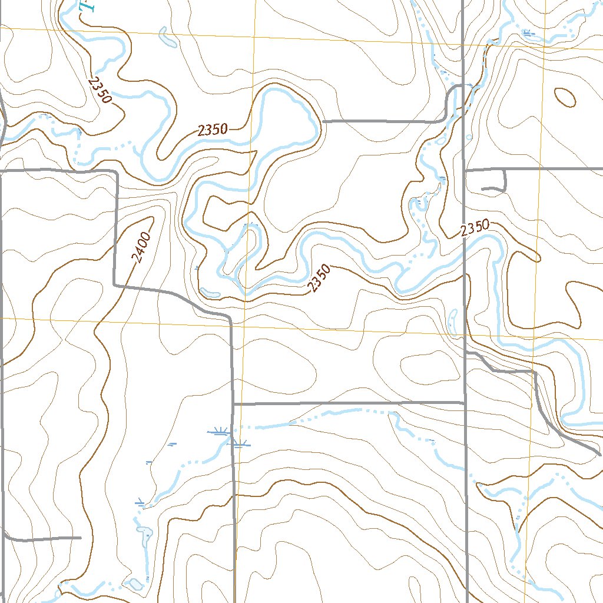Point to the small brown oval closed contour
coord(565,97)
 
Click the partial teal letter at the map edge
coord(87,6)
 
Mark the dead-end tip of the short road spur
coord(483,189)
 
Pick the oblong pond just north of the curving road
coord(210,293)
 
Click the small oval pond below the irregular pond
coord(135,583)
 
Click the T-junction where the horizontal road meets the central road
coord(234,405)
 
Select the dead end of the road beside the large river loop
coord(324,121)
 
